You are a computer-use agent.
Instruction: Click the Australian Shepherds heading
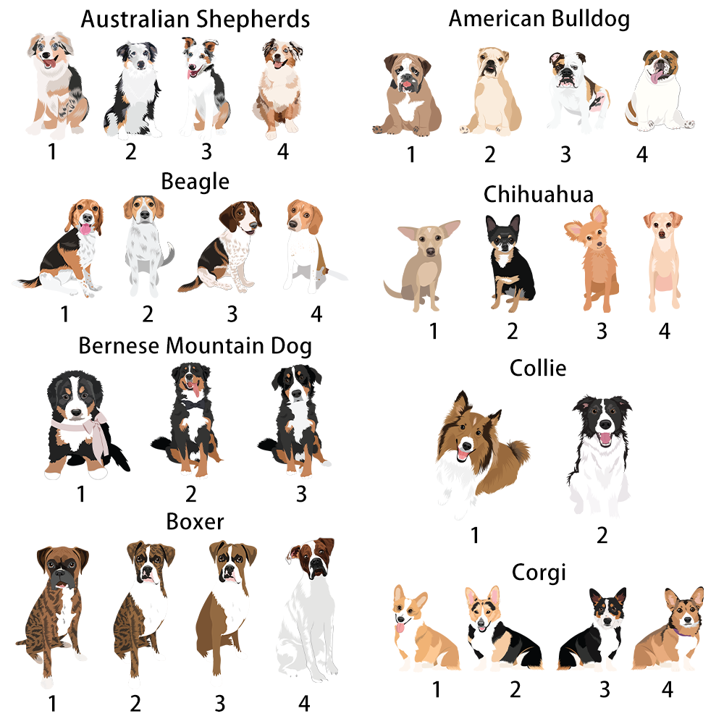click(x=195, y=20)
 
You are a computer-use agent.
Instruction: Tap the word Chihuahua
click(x=539, y=194)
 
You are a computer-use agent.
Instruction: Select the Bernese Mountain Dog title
click(x=195, y=346)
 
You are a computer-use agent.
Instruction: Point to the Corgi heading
click(x=539, y=573)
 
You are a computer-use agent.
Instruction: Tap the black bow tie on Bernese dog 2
click(x=193, y=405)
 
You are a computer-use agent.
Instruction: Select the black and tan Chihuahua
click(x=509, y=262)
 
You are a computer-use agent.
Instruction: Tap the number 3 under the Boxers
click(x=220, y=703)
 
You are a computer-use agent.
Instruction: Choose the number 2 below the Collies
click(x=602, y=535)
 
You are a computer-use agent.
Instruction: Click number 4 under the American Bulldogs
click(x=641, y=154)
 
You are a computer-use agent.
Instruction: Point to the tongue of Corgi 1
click(x=400, y=628)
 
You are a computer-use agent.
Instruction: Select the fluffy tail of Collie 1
click(x=517, y=452)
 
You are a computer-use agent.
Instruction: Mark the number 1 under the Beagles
click(x=64, y=314)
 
